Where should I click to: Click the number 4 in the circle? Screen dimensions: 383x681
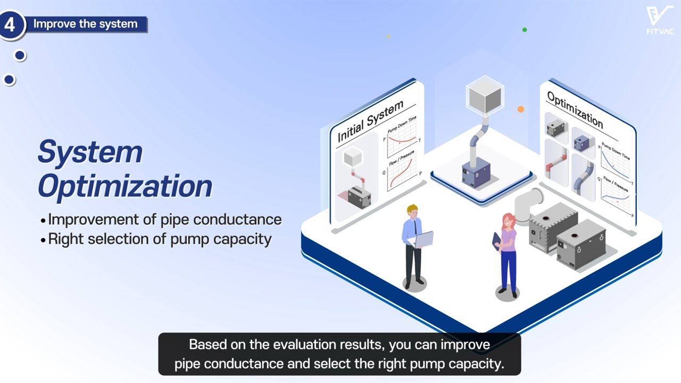(x=10, y=24)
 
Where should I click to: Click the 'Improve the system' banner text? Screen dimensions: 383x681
(x=85, y=24)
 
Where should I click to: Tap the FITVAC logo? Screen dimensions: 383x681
(x=660, y=20)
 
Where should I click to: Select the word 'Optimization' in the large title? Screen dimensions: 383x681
(x=124, y=186)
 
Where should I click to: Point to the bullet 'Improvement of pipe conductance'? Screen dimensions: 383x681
(x=164, y=219)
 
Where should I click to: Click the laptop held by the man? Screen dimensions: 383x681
(x=422, y=239)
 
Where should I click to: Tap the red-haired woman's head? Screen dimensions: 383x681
(x=508, y=220)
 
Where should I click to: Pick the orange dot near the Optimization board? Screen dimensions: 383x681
(x=521, y=109)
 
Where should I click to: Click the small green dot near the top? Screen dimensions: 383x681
(x=525, y=30)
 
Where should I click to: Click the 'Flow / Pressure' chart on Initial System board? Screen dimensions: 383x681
(x=403, y=173)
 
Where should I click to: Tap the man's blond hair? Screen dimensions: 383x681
(x=412, y=209)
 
